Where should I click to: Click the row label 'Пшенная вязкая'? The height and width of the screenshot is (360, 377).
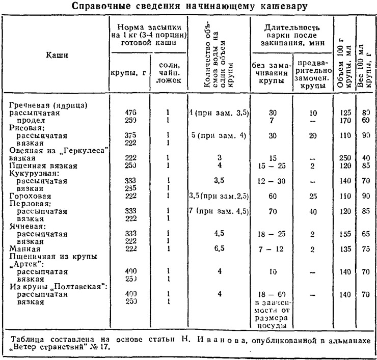tap(43, 166)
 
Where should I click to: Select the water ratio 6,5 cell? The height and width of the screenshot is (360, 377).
tap(219, 248)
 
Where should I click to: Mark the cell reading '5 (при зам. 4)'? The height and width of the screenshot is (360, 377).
tap(219, 136)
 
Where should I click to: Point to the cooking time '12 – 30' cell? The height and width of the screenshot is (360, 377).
tap(271, 180)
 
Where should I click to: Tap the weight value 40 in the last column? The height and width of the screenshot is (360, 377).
tap(365, 158)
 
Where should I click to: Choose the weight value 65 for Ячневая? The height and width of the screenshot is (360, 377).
tap(365, 234)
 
